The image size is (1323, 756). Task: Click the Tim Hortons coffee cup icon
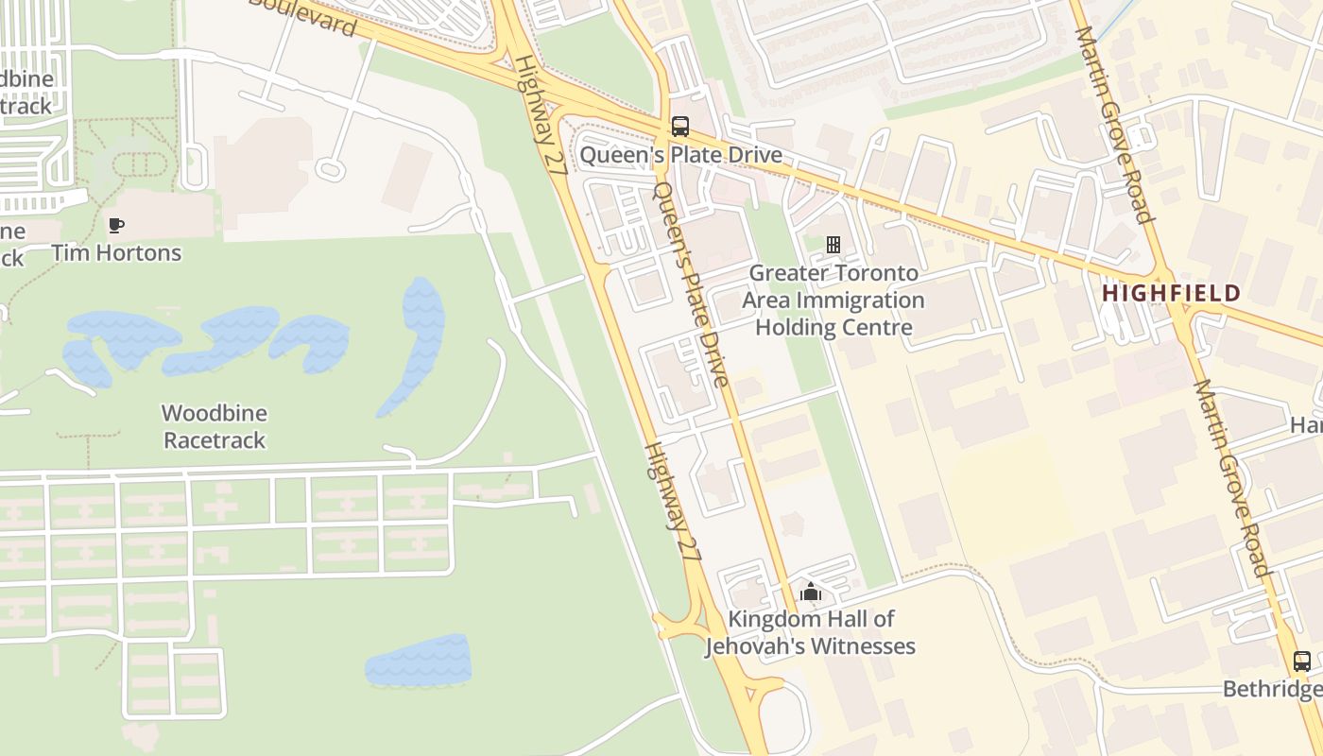(116, 225)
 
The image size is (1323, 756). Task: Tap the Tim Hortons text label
(116, 252)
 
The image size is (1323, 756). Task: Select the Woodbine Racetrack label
(215, 426)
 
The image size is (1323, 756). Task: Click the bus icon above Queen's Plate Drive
(679, 126)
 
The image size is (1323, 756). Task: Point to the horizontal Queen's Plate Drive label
(680, 154)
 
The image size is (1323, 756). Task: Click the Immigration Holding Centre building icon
(833, 245)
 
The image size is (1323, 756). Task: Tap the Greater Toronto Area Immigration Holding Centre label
(833, 301)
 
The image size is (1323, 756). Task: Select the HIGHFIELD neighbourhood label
(1171, 293)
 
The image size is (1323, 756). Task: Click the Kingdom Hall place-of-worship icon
(810, 593)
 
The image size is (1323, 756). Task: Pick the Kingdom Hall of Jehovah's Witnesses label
(810, 633)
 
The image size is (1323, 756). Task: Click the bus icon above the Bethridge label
(1301, 661)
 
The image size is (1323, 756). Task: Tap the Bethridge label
(1272, 689)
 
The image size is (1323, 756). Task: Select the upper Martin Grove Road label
(1116, 123)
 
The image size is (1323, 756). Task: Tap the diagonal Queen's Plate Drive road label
(693, 283)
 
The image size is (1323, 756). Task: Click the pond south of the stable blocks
(419, 660)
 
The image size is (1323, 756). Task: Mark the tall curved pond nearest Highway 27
(417, 345)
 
